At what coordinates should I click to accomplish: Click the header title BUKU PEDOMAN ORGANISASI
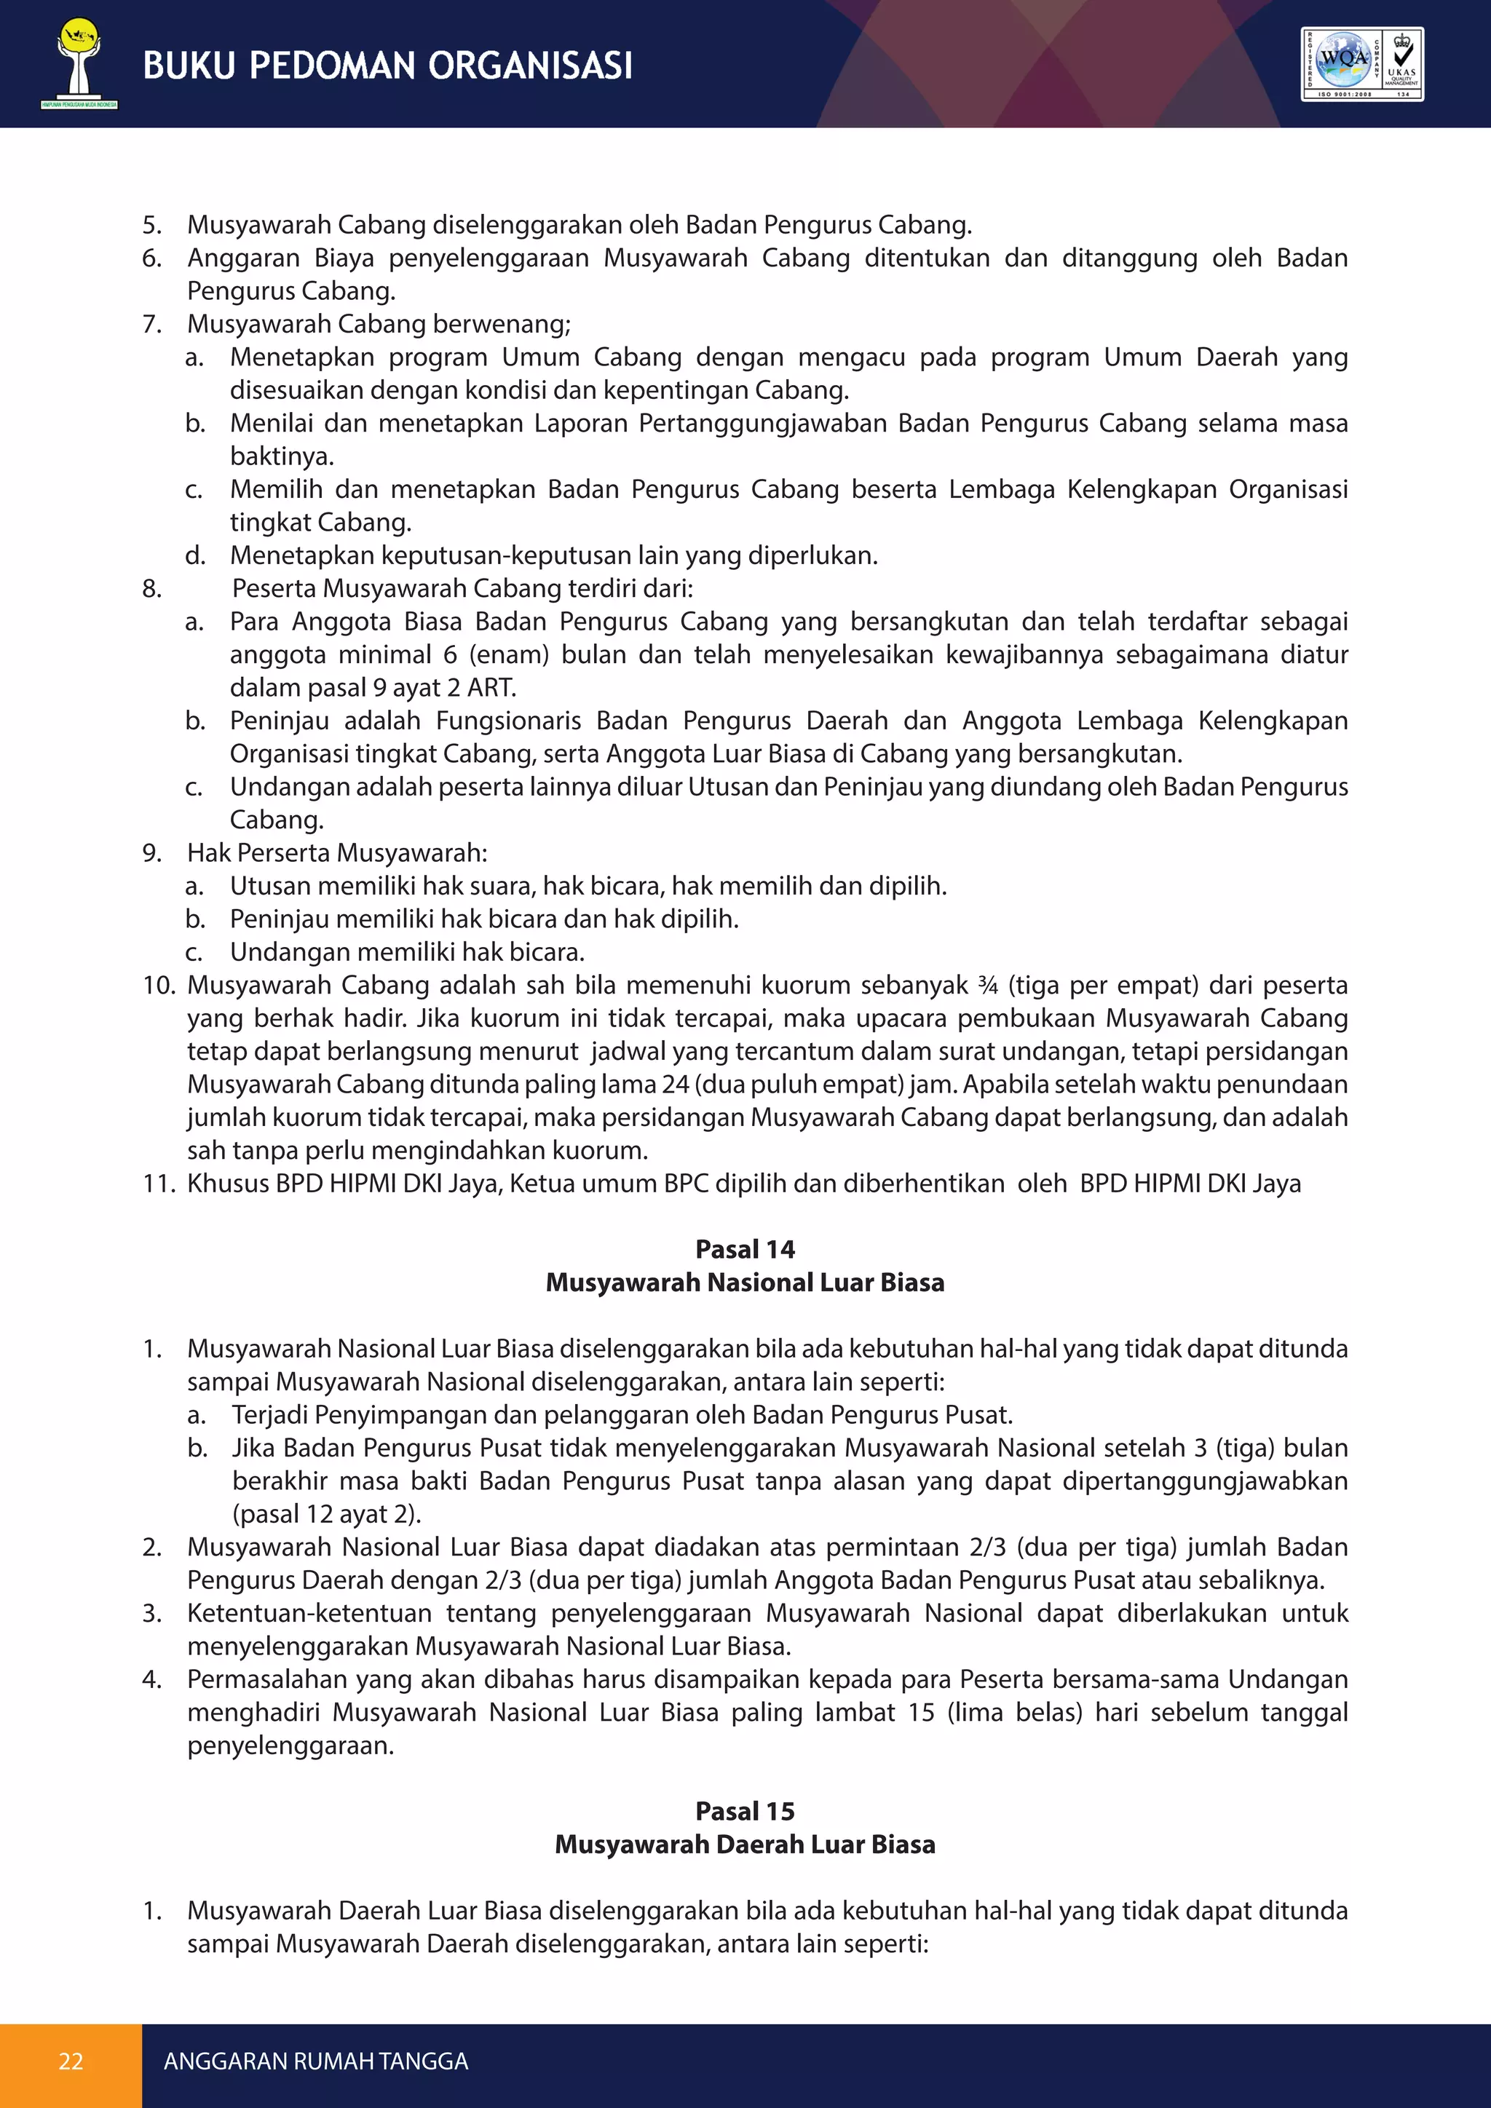pos(387,66)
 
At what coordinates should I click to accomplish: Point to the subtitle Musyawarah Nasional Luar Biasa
pos(745,1282)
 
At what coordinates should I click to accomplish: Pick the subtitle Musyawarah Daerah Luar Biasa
pos(745,1844)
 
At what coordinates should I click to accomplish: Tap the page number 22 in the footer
pos(71,2061)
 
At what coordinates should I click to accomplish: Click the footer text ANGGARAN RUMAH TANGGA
pos(316,2061)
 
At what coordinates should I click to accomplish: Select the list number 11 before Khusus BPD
pos(158,1184)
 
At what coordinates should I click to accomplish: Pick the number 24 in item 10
pos(675,1085)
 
